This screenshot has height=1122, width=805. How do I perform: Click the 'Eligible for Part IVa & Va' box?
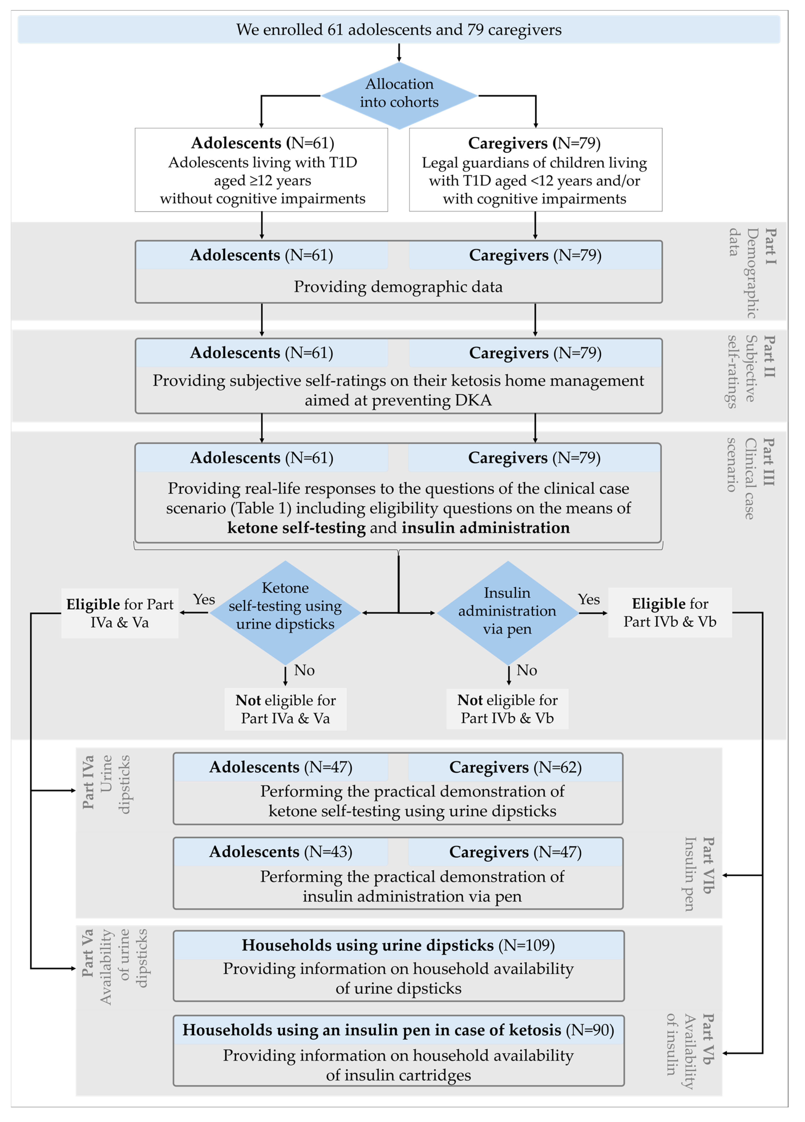click(x=120, y=613)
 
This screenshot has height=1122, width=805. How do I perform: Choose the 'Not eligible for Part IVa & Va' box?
click(x=285, y=709)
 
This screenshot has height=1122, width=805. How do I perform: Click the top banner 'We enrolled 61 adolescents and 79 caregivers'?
click(x=399, y=30)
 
